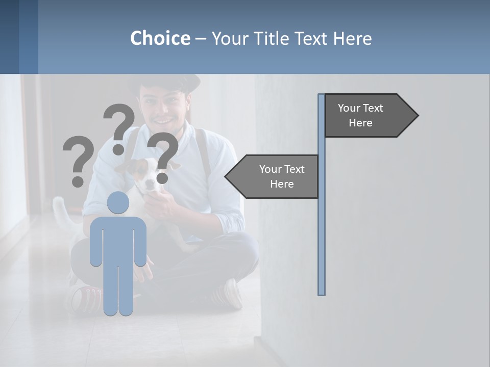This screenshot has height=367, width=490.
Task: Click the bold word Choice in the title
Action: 160,38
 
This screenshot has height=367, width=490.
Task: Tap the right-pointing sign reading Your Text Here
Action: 365,116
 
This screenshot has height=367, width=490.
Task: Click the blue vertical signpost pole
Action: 322,229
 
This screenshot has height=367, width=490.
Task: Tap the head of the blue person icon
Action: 118,203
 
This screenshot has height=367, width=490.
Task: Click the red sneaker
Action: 84,298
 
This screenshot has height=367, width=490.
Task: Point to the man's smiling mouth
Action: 163,121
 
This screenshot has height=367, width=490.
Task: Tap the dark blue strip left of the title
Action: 19,37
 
